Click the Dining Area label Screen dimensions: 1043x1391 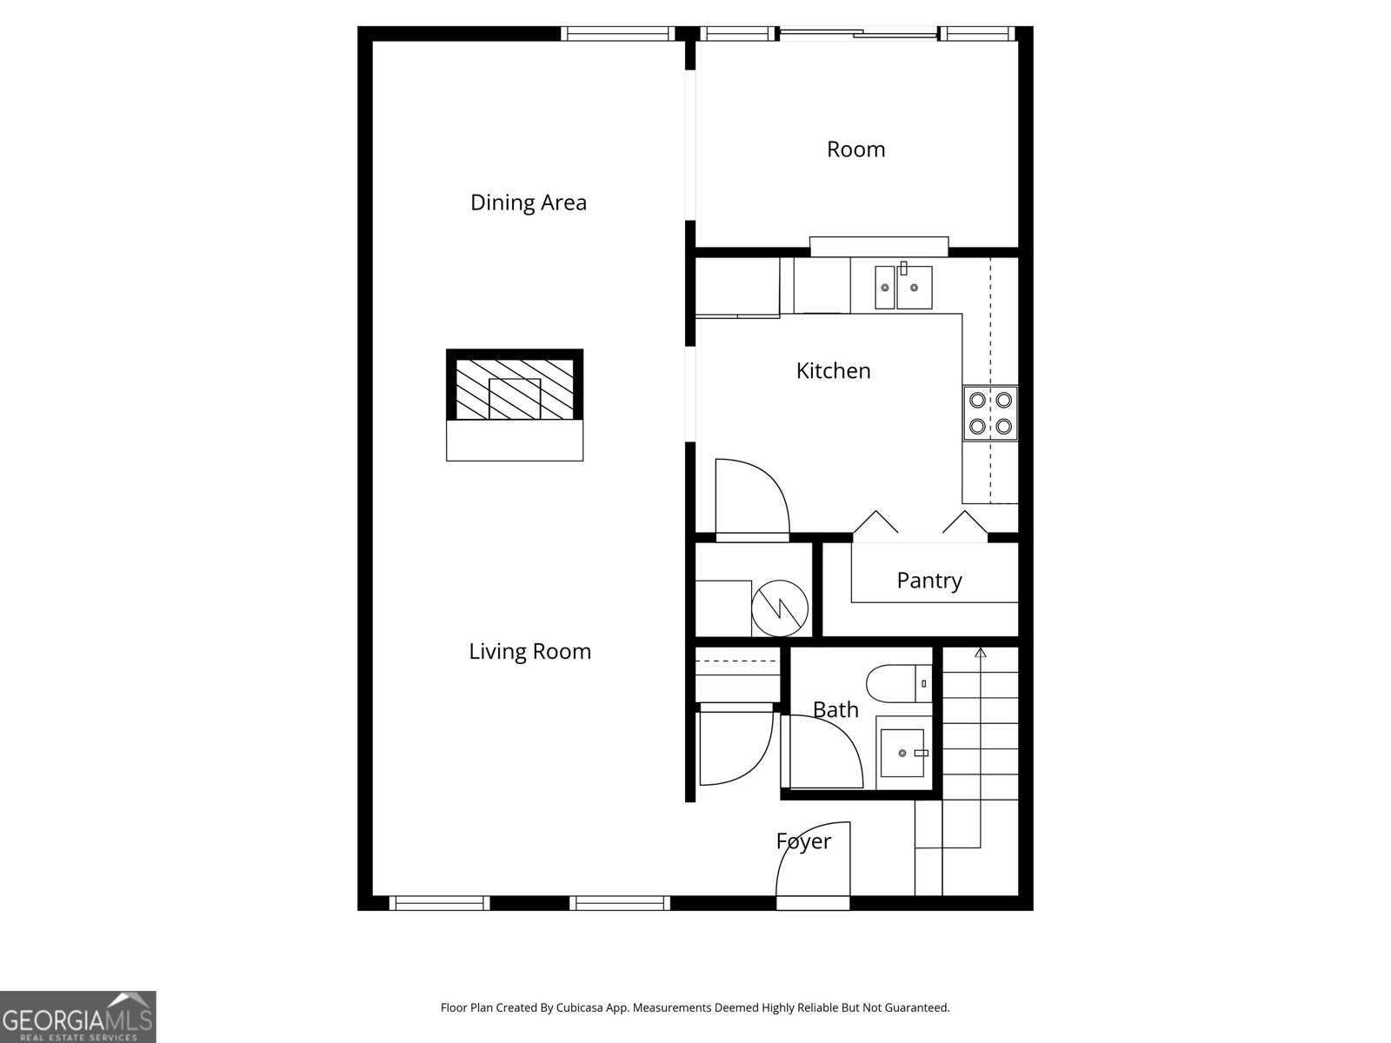point(528,203)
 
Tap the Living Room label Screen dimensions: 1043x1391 point(529,651)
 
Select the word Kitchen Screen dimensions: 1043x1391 point(833,371)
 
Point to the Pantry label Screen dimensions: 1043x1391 point(928,581)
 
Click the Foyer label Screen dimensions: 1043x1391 point(803,841)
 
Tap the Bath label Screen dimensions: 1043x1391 point(835,710)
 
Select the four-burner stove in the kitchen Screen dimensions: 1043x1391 point(990,413)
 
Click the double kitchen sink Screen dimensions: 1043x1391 point(903,287)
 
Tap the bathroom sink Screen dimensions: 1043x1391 point(904,752)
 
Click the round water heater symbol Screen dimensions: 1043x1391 point(780,606)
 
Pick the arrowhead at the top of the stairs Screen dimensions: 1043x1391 point(981,652)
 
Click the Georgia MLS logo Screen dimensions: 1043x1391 point(77,1017)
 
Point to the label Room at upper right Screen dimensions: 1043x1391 point(855,149)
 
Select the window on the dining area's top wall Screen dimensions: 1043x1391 point(617,34)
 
